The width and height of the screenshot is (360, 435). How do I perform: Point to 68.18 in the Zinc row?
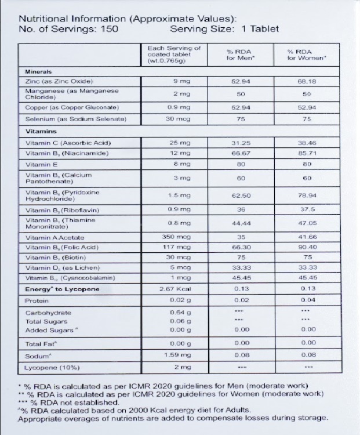(307, 81)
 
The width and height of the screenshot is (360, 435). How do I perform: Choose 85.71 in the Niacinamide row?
(307, 154)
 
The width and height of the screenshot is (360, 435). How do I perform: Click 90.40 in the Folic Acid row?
(307, 248)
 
